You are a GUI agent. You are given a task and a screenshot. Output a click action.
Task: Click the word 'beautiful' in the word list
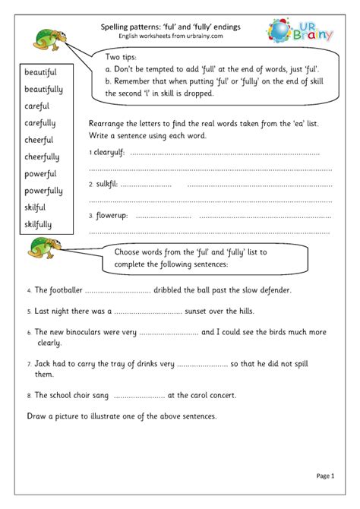(41, 73)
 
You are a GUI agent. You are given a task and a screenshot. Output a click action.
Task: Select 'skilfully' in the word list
(40, 224)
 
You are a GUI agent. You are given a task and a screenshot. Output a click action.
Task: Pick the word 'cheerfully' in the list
(43, 157)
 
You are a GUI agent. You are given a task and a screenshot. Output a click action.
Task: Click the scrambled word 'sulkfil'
(106, 184)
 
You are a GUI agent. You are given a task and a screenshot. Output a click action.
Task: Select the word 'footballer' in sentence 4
(62, 290)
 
